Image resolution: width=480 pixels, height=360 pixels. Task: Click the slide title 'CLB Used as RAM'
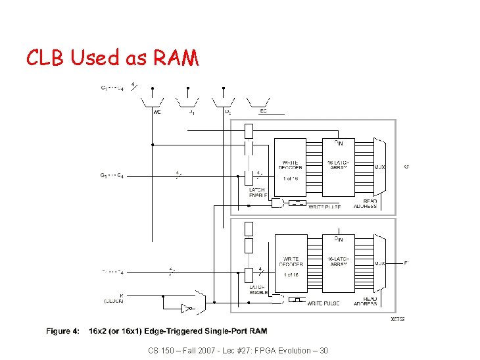coord(112,58)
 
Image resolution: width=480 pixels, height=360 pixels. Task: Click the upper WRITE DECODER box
coord(291,168)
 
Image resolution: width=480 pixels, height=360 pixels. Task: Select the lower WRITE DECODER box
coord(291,264)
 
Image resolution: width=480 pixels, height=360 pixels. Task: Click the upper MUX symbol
coord(379,167)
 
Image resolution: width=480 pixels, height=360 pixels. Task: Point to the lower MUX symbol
coord(379,263)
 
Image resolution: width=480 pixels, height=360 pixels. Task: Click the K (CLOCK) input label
coord(114,299)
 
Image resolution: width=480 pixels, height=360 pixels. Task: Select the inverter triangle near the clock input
coord(187,307)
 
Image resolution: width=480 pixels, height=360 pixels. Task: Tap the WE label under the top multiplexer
coord(157,112)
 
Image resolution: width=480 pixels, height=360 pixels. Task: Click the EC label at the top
coord(263,111)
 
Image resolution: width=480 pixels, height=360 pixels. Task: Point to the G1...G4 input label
coord(114,175)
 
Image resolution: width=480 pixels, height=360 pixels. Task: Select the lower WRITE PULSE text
coord(325,303)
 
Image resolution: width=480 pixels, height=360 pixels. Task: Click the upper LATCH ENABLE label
coord(258,193)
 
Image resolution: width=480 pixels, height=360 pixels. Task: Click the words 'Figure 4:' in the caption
coord(64,331)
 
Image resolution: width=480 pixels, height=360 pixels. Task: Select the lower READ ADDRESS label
coord(365,301)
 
